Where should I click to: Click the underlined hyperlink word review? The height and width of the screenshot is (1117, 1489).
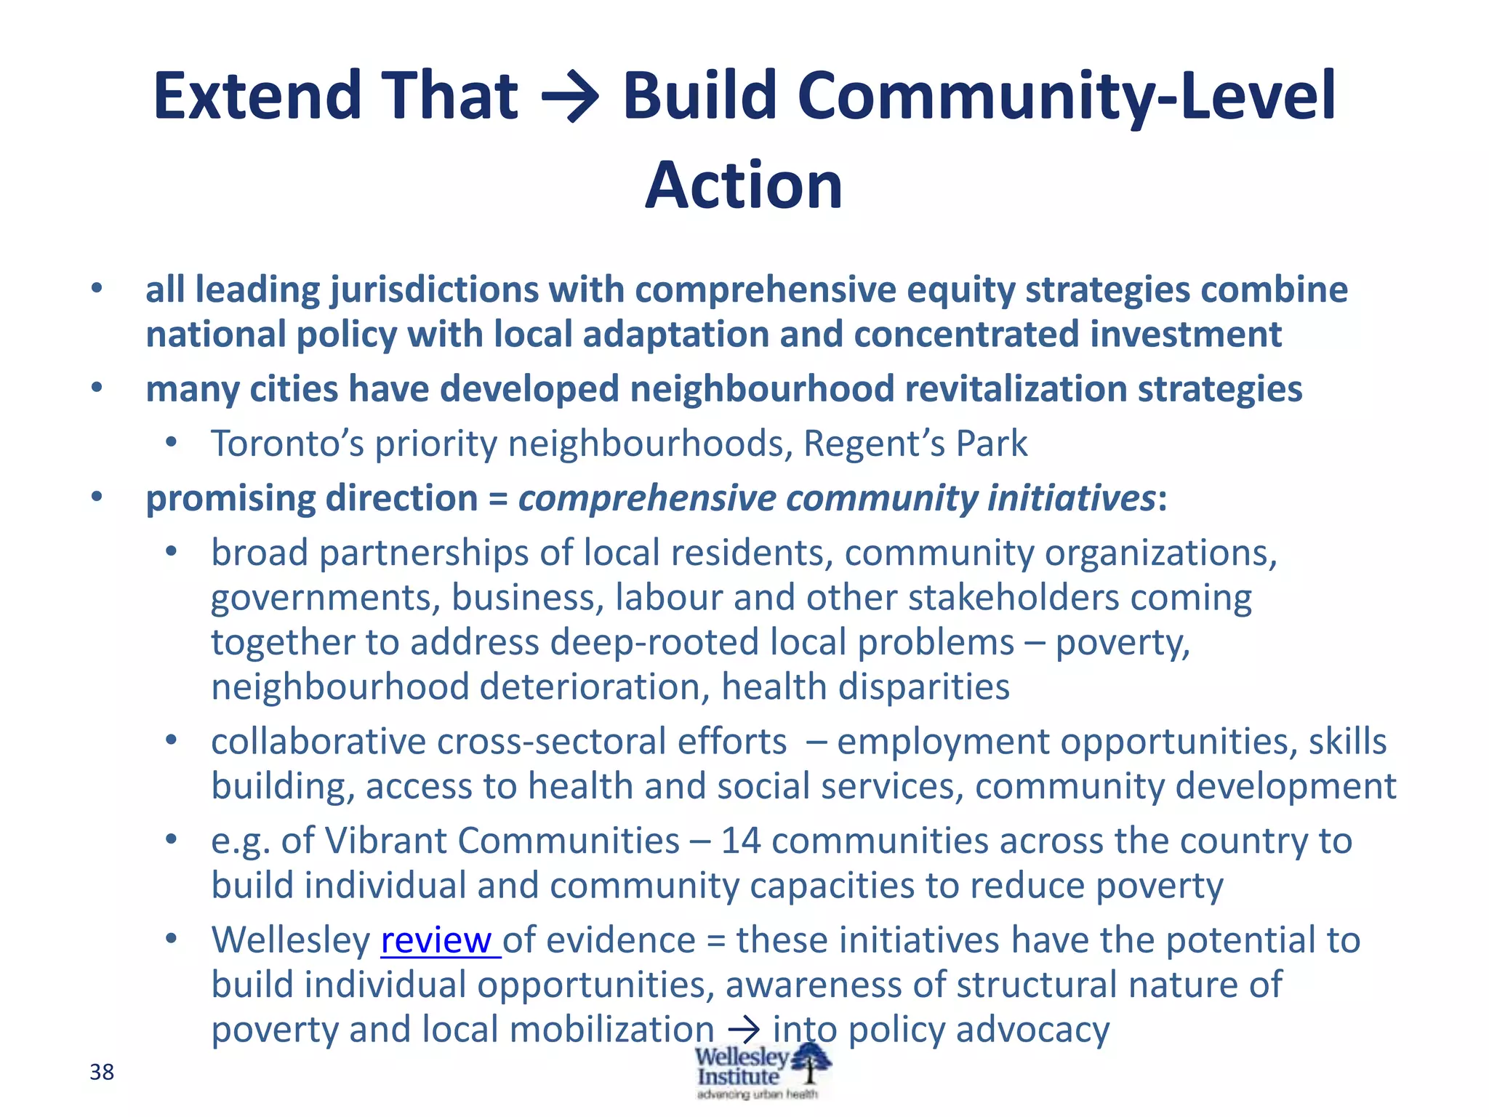440,940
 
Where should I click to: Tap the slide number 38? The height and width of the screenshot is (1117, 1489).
102,1072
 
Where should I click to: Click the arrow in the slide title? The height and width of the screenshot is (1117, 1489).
571,97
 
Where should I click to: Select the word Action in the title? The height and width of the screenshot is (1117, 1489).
744,185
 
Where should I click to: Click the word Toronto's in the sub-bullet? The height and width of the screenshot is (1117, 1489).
287,444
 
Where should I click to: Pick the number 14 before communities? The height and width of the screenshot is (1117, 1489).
740,841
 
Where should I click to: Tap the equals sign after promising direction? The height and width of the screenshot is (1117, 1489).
498,500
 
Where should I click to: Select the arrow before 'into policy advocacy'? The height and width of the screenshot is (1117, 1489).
743,1030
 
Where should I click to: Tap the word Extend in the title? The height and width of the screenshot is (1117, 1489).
257,97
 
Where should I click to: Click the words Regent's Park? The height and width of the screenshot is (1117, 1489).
915,444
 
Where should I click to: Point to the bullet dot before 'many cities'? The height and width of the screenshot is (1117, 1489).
97,388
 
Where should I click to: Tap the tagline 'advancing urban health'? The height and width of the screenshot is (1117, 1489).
757,1094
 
